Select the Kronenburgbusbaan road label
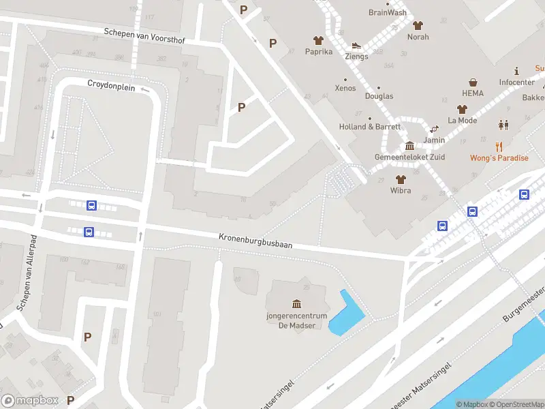[x=255, y=241]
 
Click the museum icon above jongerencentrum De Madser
[x=296, y=303]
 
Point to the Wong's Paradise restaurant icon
[x=499, y=146]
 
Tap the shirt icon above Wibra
[x=400, y=179]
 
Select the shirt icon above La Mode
[x=462, y=109]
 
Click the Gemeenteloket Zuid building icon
[x=409, y=146]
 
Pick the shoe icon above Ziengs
[x=356, y=46]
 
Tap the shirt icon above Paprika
[x=318, y=41]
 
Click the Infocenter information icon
[x=516, y=71]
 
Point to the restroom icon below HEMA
[x=503, y=125]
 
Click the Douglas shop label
[x=379, y=96]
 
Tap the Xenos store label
[x=345, y=89]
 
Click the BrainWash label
[x=387, y=12]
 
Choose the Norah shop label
[x=418, y=37]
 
